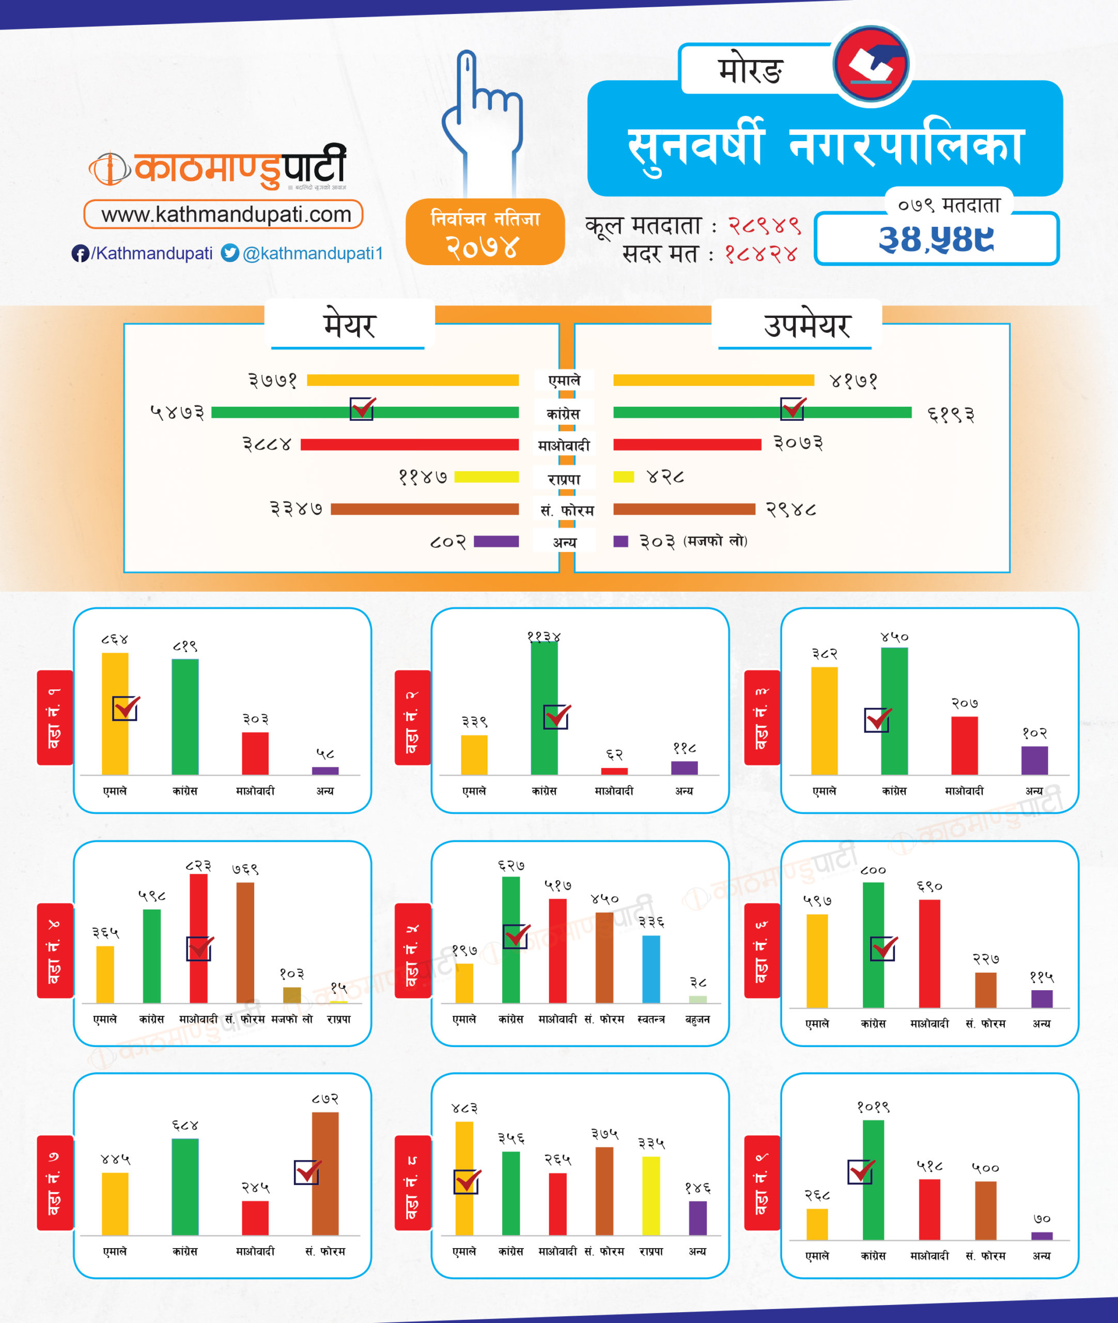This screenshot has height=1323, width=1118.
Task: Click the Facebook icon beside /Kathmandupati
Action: (x=80, y=254)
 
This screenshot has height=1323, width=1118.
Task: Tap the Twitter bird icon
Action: (x=230, y=253)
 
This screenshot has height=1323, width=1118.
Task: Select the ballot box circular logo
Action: (x=872, y=64)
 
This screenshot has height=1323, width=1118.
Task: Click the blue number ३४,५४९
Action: (x=936, y=239)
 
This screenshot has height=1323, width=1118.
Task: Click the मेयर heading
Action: (x=349, y=325)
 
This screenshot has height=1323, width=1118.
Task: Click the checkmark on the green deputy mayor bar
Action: (x=792, y=408)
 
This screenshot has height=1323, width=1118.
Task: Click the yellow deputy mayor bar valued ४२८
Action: (x=624, y=476)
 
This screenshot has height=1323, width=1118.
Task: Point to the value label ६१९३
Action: (x=951, y=414)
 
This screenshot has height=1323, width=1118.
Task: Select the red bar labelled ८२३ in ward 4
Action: (x=198, y=938)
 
